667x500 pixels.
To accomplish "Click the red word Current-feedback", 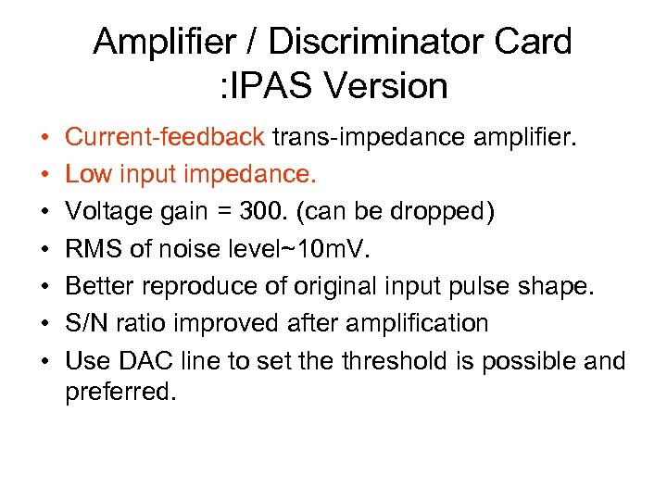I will pyautogui.click(x=165, y=138).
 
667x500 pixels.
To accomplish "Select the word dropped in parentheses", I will pyautogui.click(x=434, y=212).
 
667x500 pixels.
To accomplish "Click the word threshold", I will pyautogui.click(x=385, y=359).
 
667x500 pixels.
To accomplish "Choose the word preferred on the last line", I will pyautogui.click(x=119, y=392).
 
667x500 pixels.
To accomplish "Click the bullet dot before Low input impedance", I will pyautogui.click(x=45, y=175).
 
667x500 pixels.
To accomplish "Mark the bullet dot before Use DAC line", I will pyautogui.click(x=45, y=359).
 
